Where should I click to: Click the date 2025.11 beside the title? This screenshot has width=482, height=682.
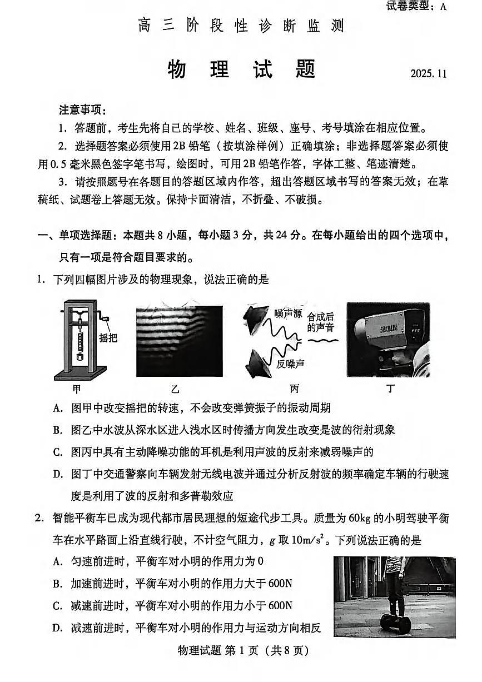click(429, 73)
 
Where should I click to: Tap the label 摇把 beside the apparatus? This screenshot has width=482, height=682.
click(108, 338)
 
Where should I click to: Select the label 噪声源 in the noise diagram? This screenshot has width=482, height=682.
click(288, 315)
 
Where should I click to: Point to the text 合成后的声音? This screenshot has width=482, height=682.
click(321, 322)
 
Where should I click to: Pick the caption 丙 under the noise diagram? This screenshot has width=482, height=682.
click(294, 389)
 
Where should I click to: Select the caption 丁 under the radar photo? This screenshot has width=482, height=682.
click(391, 389)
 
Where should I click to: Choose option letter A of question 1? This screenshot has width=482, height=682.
click(57, 409)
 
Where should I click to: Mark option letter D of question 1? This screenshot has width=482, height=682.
click(57, 474)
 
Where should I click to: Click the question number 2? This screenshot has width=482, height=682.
click(39, 518)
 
